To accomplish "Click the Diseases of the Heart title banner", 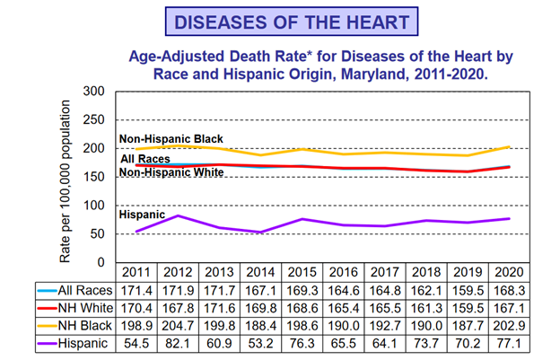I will click(x=280, y=22).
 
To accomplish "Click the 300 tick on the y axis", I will click(x=92, y=92).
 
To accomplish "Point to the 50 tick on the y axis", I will click(x=96, y=234).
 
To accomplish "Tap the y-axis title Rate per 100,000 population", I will click(x=66, y=177).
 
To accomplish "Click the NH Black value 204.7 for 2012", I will click(x=178, y=326).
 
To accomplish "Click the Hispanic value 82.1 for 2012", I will click(x=178, y=344).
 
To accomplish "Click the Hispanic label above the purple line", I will click(x=142, y=215).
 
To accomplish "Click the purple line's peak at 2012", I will click(x=178, y=215).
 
